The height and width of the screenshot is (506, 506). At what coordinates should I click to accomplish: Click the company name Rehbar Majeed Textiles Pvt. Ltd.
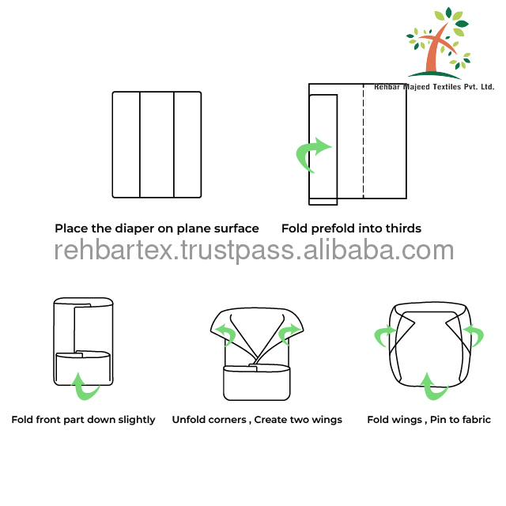(x=434, y=87)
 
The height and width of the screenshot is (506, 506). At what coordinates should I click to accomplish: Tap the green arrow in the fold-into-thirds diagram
(x=313, y=153)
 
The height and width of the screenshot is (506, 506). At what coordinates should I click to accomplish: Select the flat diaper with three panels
(x=157, y=145)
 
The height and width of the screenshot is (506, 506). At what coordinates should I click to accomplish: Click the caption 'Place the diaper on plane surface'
(x=157, y=228)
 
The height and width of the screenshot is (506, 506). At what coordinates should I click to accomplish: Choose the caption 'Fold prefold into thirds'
(x=351, y=228)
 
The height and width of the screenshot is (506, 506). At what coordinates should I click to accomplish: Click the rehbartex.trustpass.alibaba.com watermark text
(x=254, y=251)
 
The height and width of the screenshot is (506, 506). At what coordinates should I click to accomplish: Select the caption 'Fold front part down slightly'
(x=83, y=420)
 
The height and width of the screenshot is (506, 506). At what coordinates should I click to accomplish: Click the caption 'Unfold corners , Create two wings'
(x=257, y=420)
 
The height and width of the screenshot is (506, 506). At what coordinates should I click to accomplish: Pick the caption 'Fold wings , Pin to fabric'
(x=429, y=420)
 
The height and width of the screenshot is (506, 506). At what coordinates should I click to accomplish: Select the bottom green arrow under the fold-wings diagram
(x=429, y=385)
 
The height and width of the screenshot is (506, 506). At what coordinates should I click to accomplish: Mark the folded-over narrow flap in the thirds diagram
(x=324, y=149)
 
